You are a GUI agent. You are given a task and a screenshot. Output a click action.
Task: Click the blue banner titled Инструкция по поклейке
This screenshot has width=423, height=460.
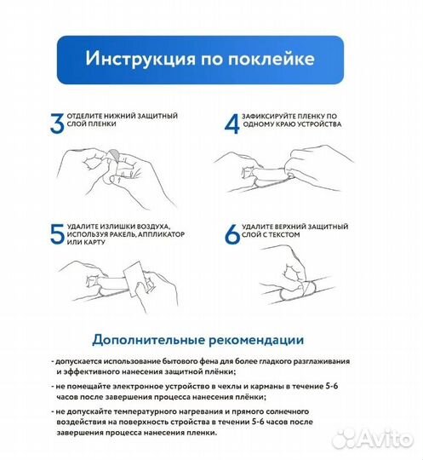point(198,60)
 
